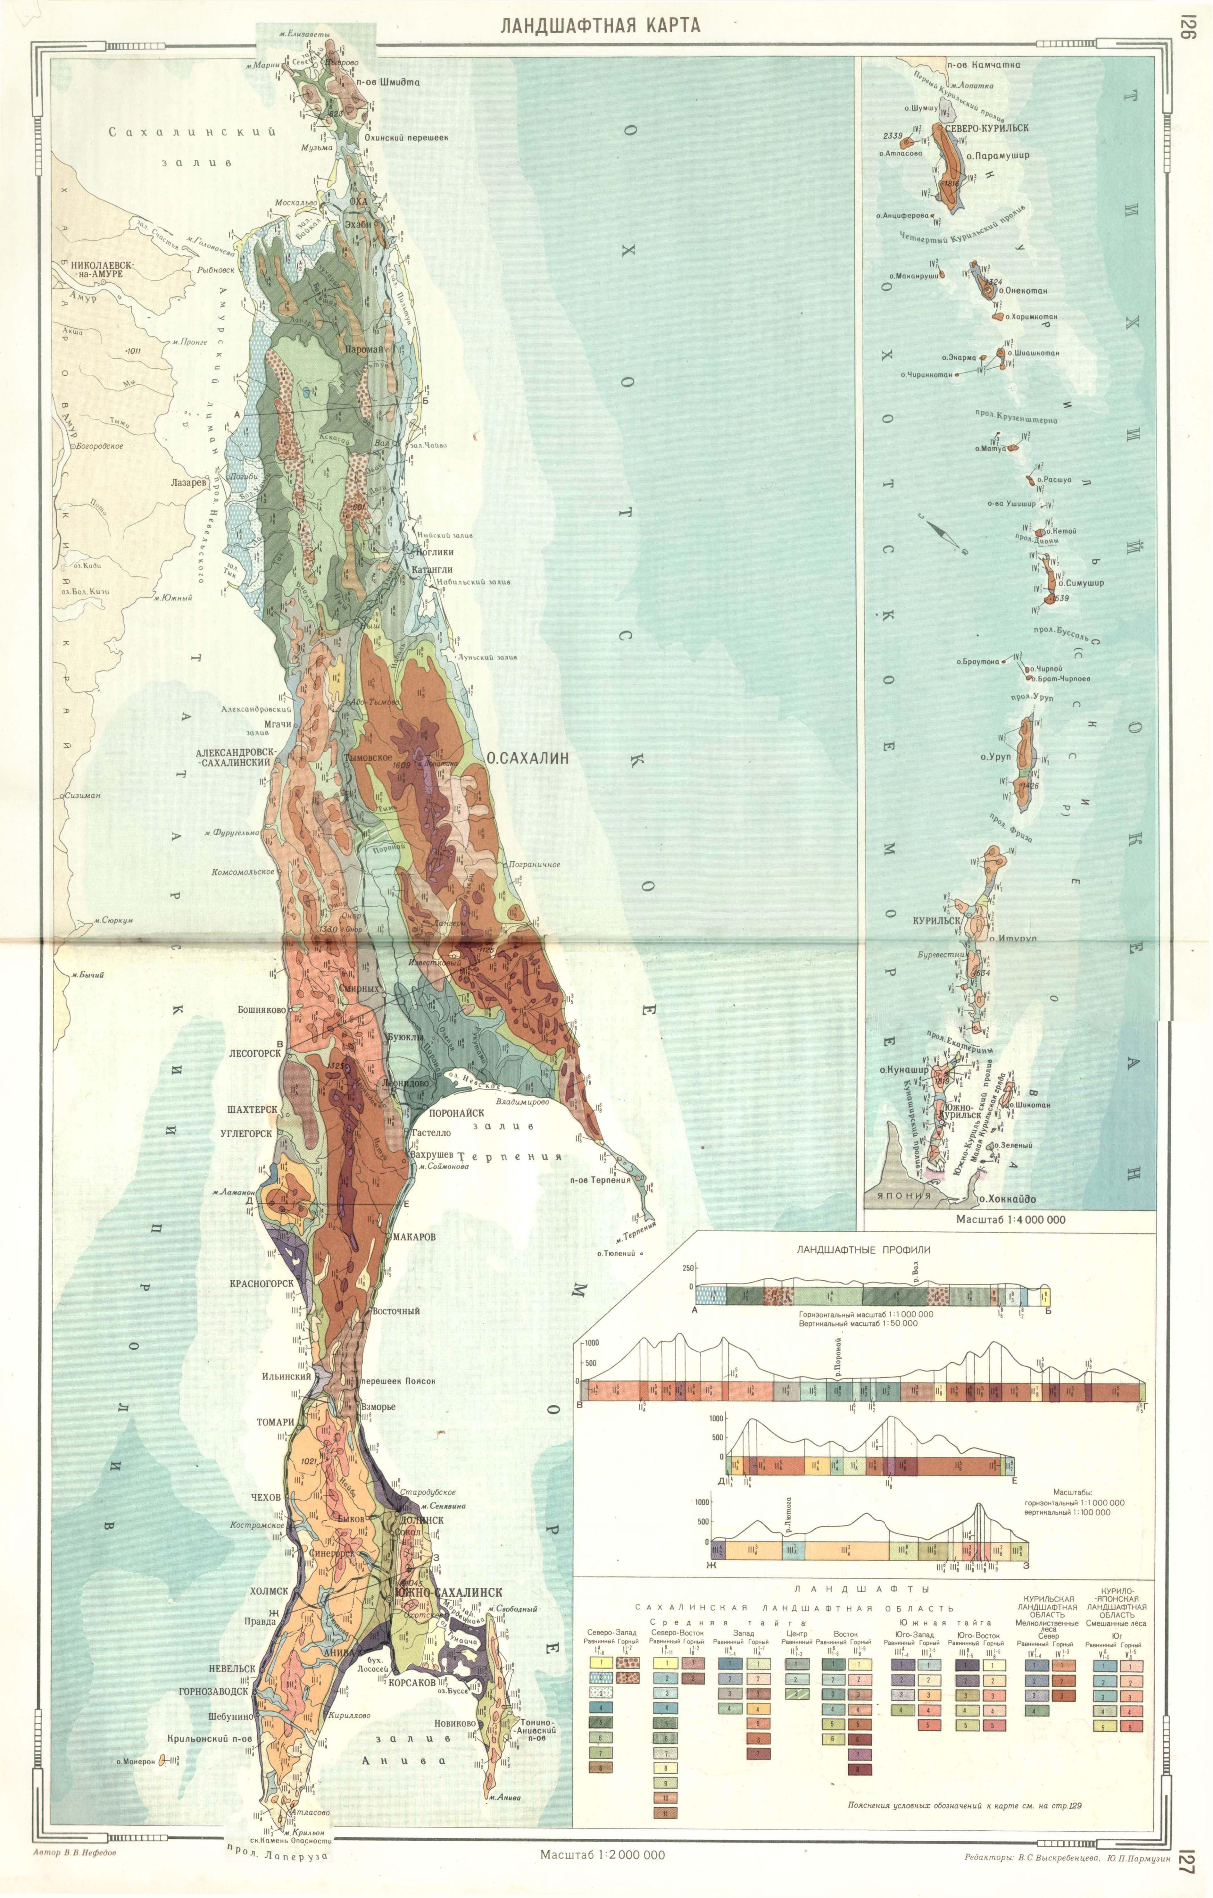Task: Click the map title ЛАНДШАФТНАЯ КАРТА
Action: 601,25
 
